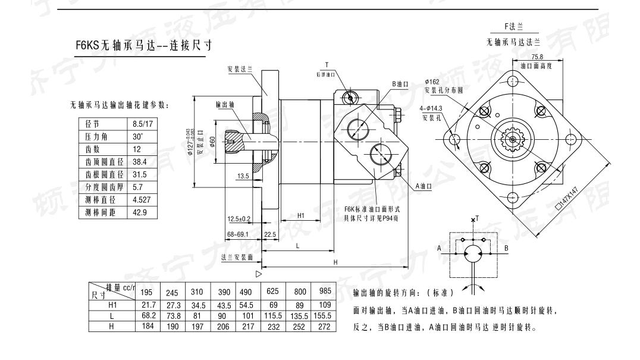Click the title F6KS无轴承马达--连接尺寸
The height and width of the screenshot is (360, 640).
pyautogui.click(x=145, y=45)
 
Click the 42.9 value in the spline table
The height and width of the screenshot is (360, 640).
pyautogui.click(x=140, y=212)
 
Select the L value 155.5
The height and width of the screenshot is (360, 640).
pyautogui.click(x=323, y=316)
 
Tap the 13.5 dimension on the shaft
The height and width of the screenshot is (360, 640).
pyautogui.click(x=243, y=176)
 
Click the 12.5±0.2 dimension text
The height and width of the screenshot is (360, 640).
pyautogui.click(x=239, y=219)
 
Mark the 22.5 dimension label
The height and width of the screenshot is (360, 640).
pyautogui.click(x=269, y=234)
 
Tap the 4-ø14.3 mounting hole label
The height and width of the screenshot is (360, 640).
pyautogui.click(x=431, y=109)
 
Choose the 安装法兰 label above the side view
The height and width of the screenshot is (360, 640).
pyautogui.click(x=240, y=69)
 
